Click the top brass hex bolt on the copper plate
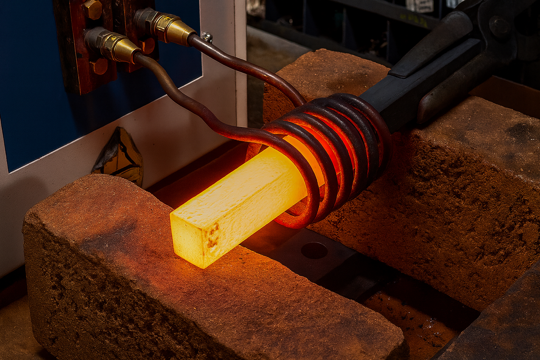point(92,9)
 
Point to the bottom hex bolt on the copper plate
point(100,66)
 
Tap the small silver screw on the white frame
point(206,36)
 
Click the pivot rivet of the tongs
point(499,26)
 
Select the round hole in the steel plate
point(314,250)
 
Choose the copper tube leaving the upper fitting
point(246,67)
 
